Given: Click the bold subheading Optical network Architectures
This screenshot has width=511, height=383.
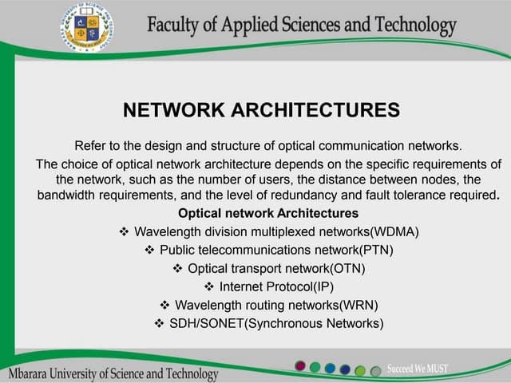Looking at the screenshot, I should tap(268, 213).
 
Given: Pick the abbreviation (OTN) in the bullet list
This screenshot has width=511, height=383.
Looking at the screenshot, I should tap(337, 268).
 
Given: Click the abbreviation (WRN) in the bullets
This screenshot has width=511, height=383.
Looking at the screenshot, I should tap(359, 305).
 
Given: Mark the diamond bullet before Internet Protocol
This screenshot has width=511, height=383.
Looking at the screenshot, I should tap(210, 286).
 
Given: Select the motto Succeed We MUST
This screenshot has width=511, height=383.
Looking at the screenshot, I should tap(418, 369).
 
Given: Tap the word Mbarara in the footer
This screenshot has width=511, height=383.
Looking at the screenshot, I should tap(31, 373).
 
